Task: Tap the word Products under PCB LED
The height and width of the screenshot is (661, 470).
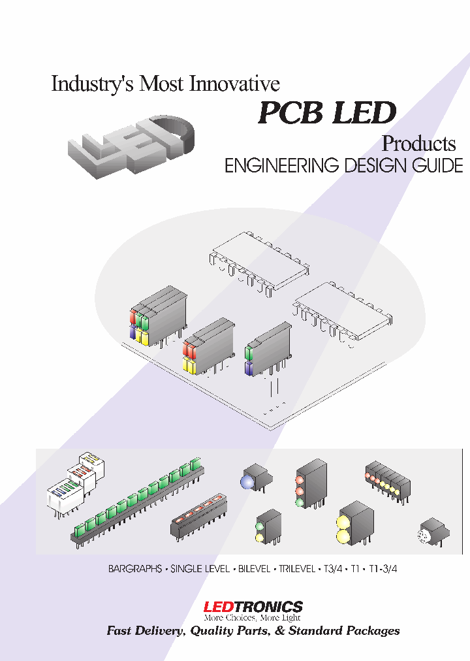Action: (x=418, y=143)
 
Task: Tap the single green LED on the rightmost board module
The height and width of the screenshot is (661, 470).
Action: (x=249, y=353)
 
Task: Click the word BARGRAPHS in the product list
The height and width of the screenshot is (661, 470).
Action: (x=134, y=569)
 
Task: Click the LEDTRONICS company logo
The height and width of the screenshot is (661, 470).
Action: (x=253, y=607)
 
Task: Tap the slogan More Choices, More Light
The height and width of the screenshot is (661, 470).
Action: (x=252, y=617)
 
